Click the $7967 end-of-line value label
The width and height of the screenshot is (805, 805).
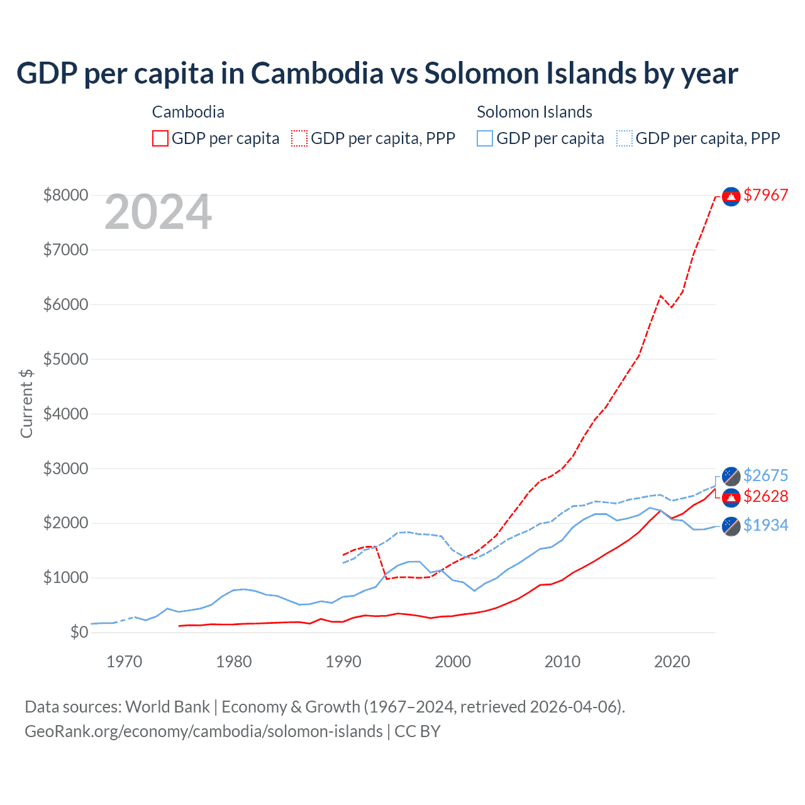(765, 195)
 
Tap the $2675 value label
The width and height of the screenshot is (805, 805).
(765, 475)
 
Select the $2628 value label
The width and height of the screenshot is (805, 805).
(765, 496)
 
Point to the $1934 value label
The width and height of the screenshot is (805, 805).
(765, 525)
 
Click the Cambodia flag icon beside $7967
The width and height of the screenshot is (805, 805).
(731, 197)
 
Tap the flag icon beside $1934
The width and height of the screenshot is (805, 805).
(731, 526)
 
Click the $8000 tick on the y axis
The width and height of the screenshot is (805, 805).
(65, 195)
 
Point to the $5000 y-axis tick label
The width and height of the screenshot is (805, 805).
(65, 359)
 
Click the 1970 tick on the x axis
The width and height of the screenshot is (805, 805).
(125, 662)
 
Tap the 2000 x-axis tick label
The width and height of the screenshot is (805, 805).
(453, 662)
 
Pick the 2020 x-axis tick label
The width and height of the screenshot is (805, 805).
(672, 662)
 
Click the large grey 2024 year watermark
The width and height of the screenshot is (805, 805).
(158, 213)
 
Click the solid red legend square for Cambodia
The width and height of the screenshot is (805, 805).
(160, 138)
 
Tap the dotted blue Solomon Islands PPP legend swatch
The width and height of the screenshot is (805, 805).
(625, 138)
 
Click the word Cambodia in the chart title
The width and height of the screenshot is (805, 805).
(317, 74)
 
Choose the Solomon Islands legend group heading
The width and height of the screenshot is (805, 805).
(535, 112)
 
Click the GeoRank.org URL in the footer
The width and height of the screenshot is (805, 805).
(204, 731)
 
